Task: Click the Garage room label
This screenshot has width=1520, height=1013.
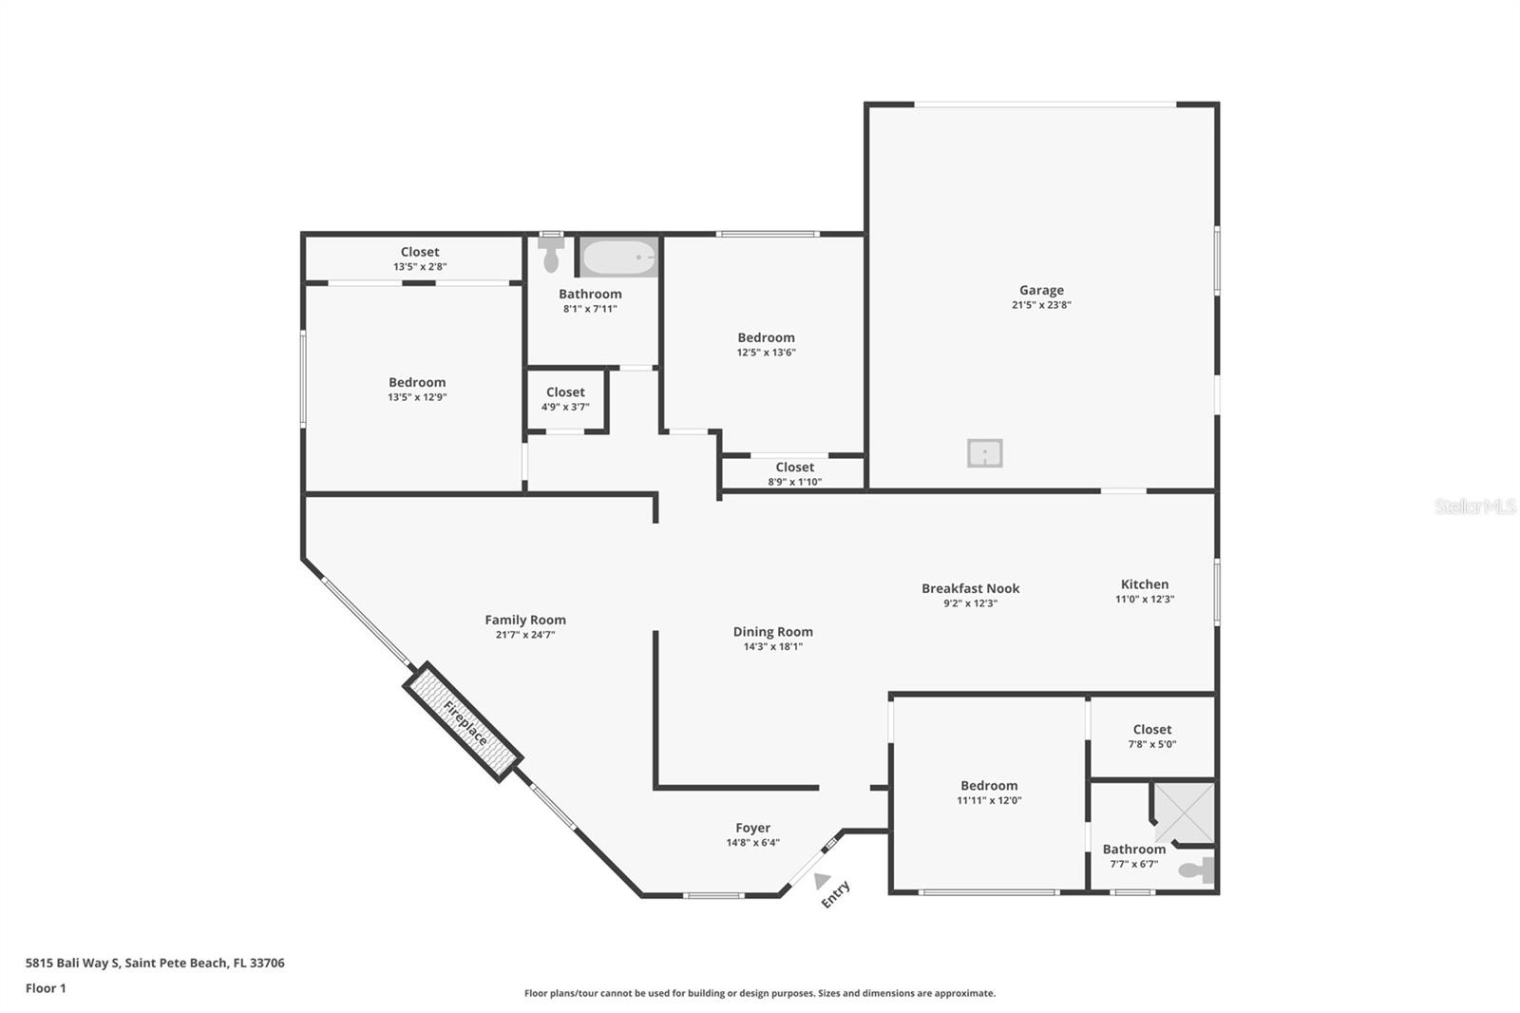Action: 1041,291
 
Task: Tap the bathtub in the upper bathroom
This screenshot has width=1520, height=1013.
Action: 618,257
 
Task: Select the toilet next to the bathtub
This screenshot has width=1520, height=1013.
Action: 551,252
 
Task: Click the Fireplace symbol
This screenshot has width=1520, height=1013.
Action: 464,721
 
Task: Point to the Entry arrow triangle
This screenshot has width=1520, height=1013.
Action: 821,881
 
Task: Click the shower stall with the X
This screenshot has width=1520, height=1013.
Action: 1184,812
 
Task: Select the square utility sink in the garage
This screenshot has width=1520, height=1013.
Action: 984,453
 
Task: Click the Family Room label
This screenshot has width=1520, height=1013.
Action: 525,620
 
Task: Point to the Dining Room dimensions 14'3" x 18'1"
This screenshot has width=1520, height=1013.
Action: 773,646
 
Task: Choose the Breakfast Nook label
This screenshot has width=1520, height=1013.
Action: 970,588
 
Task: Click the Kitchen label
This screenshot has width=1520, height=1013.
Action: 1145,583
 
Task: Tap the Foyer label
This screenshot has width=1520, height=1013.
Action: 752,829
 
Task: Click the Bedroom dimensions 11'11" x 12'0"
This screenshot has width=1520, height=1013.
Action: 989,800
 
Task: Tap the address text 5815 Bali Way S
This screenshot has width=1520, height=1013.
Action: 72,963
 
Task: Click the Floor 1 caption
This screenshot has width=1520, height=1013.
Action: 46,988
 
